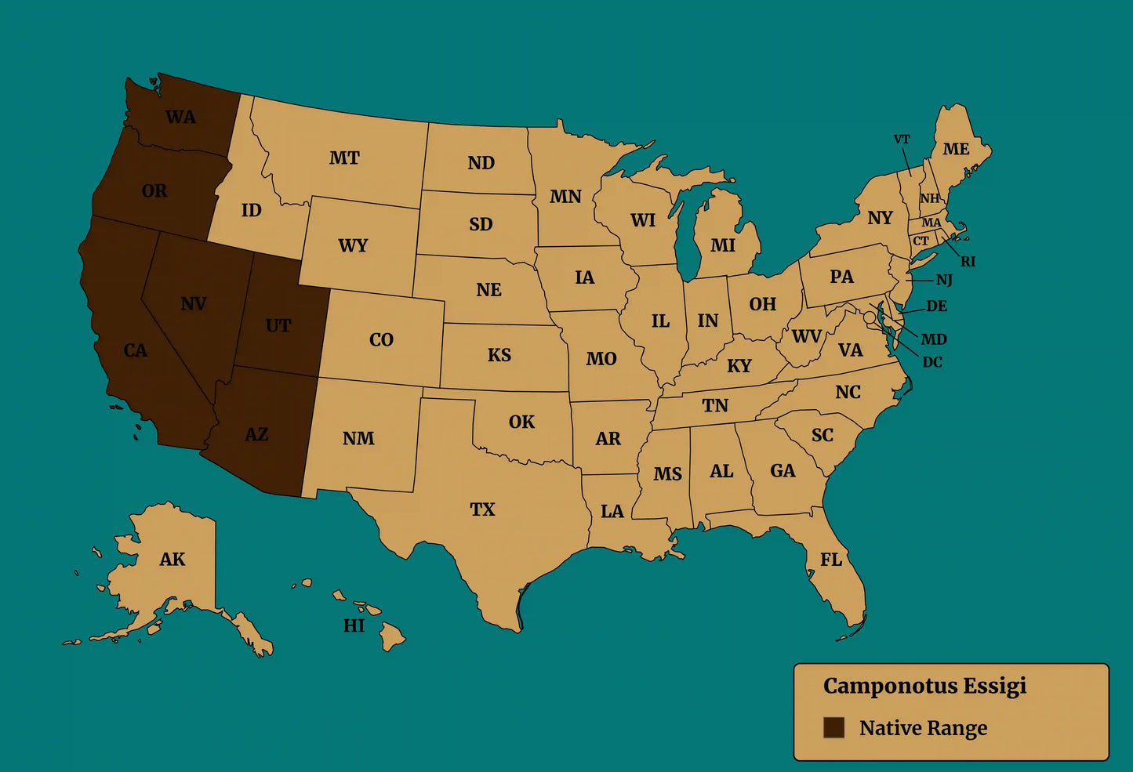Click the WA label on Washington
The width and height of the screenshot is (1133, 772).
[x=180, y=118]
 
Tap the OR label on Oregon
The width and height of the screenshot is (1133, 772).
[x=154, y=191]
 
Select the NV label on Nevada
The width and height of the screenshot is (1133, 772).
[x=194, y=304]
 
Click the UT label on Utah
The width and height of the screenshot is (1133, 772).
[x=278, y=326]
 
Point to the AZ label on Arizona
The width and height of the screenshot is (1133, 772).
[x=256, y=434]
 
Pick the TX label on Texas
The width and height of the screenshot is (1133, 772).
[x=482, y=509]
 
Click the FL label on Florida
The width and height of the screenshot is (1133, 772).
[x=831, y=560]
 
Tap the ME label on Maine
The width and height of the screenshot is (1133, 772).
[x=956, y=149]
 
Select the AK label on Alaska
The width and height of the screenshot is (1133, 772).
[x=172, y=560]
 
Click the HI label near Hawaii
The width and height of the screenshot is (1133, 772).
[x=354, y=625]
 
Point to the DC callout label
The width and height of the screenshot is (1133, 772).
[x=932, y=362]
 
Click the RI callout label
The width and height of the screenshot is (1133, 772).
[x=968, y=262]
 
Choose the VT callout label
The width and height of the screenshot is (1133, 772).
[x=902, y=140]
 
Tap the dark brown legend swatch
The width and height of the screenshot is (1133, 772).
[x=833, y=727]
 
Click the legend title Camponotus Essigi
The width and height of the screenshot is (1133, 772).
[x=924, y=686]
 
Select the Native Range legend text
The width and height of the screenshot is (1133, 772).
[x=923, y=728]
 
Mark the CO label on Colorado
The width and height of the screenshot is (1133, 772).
[x=381, y=340]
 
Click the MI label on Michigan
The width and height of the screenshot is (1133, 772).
[x=723, y=246]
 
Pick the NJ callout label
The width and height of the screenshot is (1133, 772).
[x=944, y=280]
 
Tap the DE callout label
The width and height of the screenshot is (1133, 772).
[x=936, y=306]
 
